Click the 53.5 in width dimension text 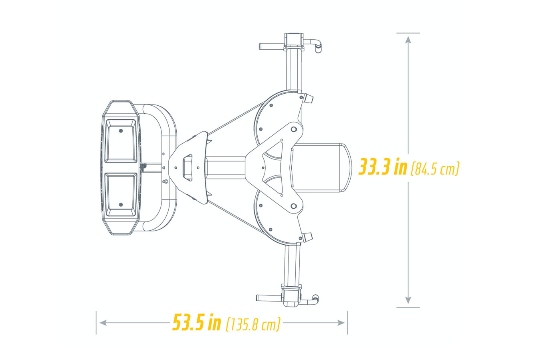click(197, 322)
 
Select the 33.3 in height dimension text click(383, 167)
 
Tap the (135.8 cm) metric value click(253, 324)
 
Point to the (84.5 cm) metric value click(435, 169)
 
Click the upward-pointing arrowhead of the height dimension click(408, 40)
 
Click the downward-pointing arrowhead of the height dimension click(408, 300)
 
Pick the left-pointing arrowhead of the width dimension click(103, 323)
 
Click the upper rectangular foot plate click(121, 141)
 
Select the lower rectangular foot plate click(121, 195)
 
